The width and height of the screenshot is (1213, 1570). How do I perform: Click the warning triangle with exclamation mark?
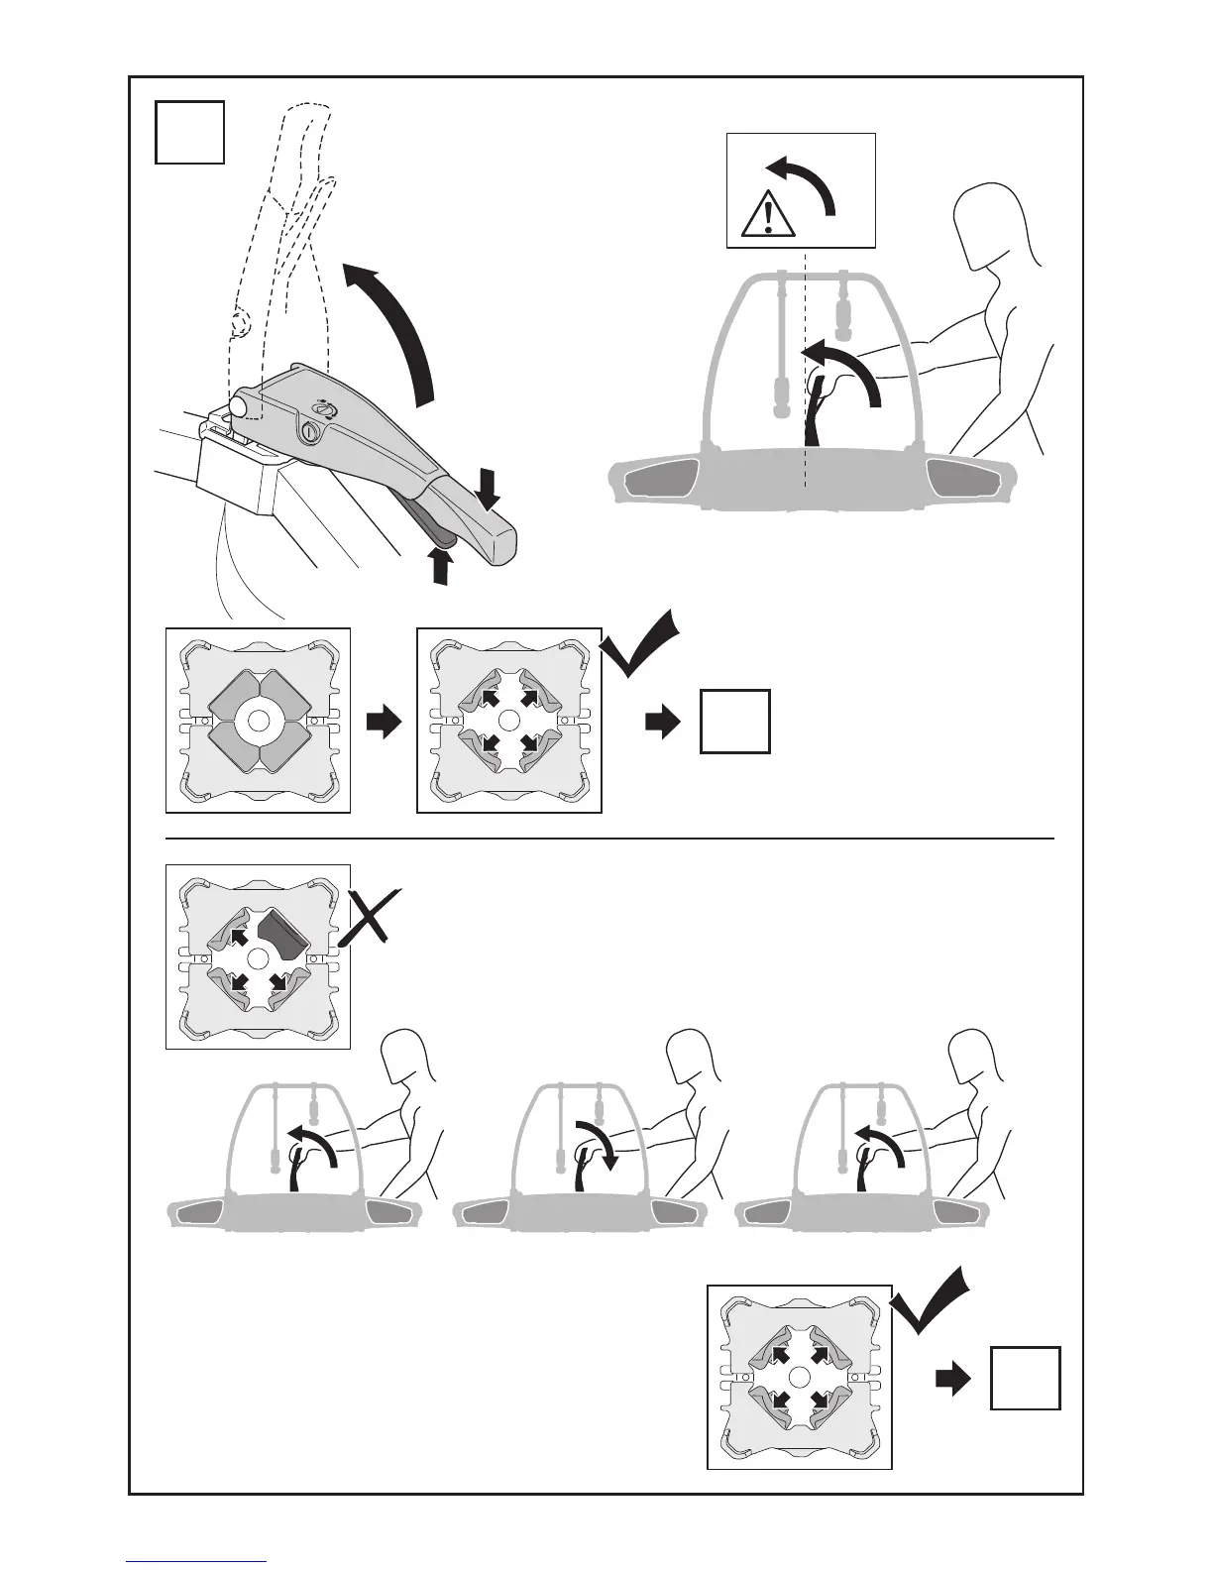point(768,214)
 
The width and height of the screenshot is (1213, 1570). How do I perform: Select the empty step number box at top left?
point(190,132)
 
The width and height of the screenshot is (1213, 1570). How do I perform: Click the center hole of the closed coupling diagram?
point(258,721)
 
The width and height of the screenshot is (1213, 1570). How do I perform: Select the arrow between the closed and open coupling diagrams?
point(384,723)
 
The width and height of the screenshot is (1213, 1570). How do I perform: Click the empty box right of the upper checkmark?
point(734,722)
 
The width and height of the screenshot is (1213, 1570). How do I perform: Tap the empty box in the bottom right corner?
point(1025,1378)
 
